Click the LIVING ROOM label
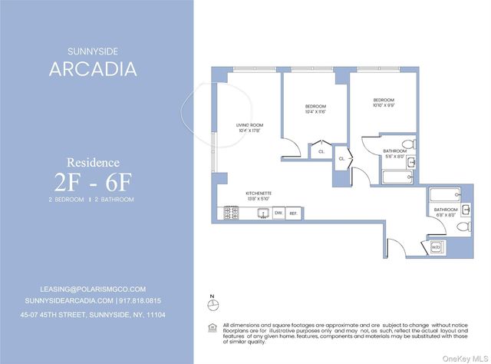tap(250, 124)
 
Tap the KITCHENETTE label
tap(259, 193)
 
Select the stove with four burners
tap(230, 213)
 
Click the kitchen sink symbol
tap(261, 213)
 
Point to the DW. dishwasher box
tap(278, 213)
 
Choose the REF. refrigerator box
tap(293, 213)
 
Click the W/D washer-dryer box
tap(435, 247)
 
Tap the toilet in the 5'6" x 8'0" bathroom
tap(409, 144)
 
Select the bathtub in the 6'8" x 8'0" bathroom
tap(445, 195)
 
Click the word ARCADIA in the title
tap(93, 69)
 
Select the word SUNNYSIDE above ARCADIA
tap(93, 51)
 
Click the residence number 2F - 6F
tap(93, 182)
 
